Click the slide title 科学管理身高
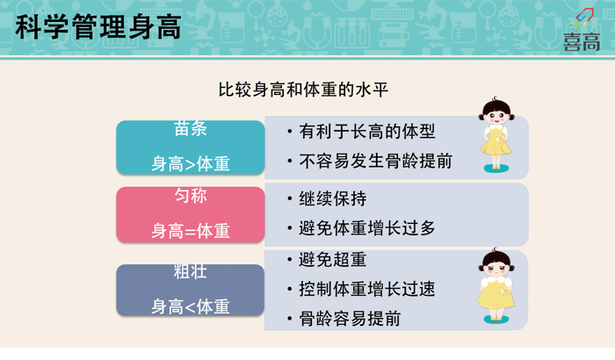(x=98, y=26)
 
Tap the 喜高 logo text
(x=582, y=42)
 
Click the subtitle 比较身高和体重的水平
(x=303, y=90)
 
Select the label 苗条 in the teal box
(x=191, y=128)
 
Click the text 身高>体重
(x=191, y=164)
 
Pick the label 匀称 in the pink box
(x=191, y=196)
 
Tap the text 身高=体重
(x=191, y=231)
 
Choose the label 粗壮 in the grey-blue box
(x=191, y=271)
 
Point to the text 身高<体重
(x=191, y=306)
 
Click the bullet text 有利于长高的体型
(x=367, y=132)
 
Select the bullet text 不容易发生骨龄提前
(x=376, y=162)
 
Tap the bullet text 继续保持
(x=333, y=198)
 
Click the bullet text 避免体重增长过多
(x=367, y=228)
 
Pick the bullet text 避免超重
(x=333, y=260)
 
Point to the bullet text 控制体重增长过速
(x=367, y=289)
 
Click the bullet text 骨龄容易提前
(x=350, y=319)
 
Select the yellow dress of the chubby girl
(x=496, y=294)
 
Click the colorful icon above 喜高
(x=583, y=18)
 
